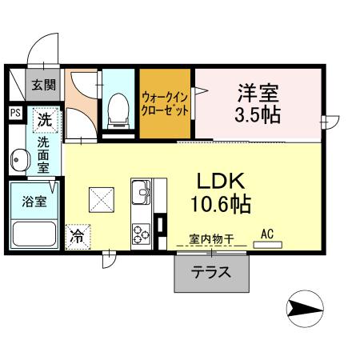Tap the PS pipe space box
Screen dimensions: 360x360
[15, 113]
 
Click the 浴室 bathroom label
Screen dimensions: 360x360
[33, 201]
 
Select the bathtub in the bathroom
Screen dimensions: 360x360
[32, 235]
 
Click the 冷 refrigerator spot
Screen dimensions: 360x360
[78, 237]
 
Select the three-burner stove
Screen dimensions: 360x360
[142, 234]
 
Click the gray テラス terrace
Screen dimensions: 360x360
[211, 272]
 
